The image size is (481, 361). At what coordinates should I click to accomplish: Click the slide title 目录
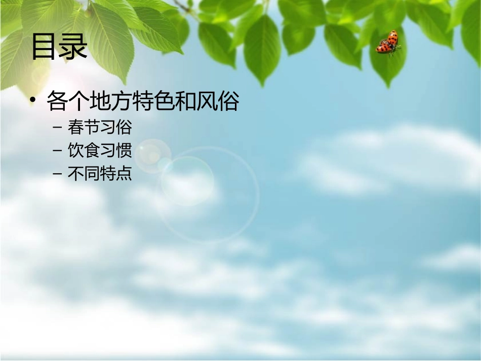coord(60,47)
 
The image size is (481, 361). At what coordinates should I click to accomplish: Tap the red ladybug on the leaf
coord(388,43)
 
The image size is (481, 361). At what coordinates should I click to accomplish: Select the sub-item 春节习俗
coord(100,127)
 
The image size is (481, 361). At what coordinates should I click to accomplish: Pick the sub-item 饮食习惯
coord(100,150)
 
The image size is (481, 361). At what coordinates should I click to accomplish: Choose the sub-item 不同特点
coord(100,174)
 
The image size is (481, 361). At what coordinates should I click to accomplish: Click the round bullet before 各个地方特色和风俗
coord(33,102)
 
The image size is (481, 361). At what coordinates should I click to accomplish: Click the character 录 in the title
coord(74,47)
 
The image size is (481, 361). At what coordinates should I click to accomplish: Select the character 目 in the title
coord(45,47)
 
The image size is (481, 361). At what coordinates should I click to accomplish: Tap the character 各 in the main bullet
coord(57,102)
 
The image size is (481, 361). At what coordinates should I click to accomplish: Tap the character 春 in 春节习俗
coord(75,127)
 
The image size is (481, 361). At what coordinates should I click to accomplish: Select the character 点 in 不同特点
coord(124,174)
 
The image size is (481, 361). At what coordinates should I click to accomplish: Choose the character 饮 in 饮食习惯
coord(75,150)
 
